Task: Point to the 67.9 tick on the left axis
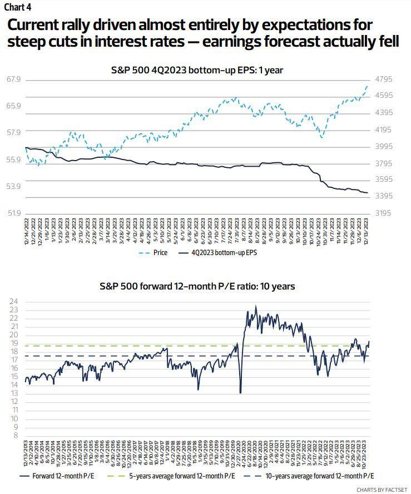14,79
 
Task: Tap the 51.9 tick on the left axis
14,213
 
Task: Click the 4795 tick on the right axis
384,79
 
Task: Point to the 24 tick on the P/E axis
12,302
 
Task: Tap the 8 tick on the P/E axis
14,435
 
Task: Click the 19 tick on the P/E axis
12,343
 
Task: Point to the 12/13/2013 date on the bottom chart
27,453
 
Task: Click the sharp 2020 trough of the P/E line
240,392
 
